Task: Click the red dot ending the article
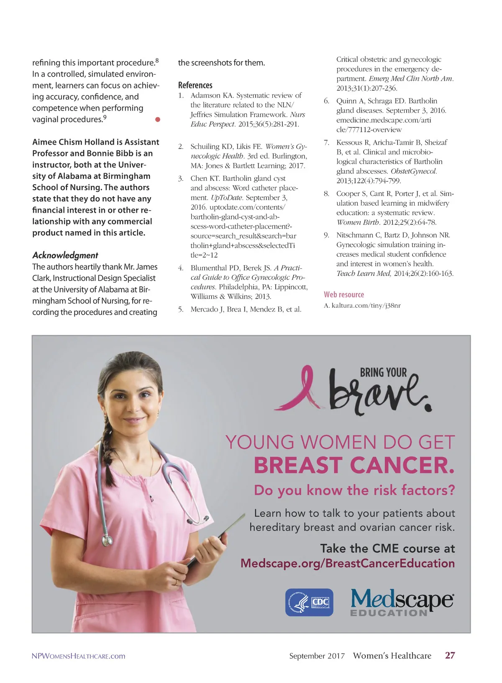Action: [158, 119]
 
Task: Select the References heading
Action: [195, 85]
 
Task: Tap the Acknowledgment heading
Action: [65, 255]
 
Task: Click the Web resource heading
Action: [344, 294]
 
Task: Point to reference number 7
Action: [326, 143]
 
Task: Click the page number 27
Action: [450, 655]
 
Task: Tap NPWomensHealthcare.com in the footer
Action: [79, 656]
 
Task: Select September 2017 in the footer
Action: [317, 656]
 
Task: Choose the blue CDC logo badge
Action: [309, 603]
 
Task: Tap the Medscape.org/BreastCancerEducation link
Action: [348, 563]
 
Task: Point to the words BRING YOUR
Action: [383, 372]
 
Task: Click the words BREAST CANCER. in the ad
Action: [354, 465]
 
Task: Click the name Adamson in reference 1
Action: [206, 95]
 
